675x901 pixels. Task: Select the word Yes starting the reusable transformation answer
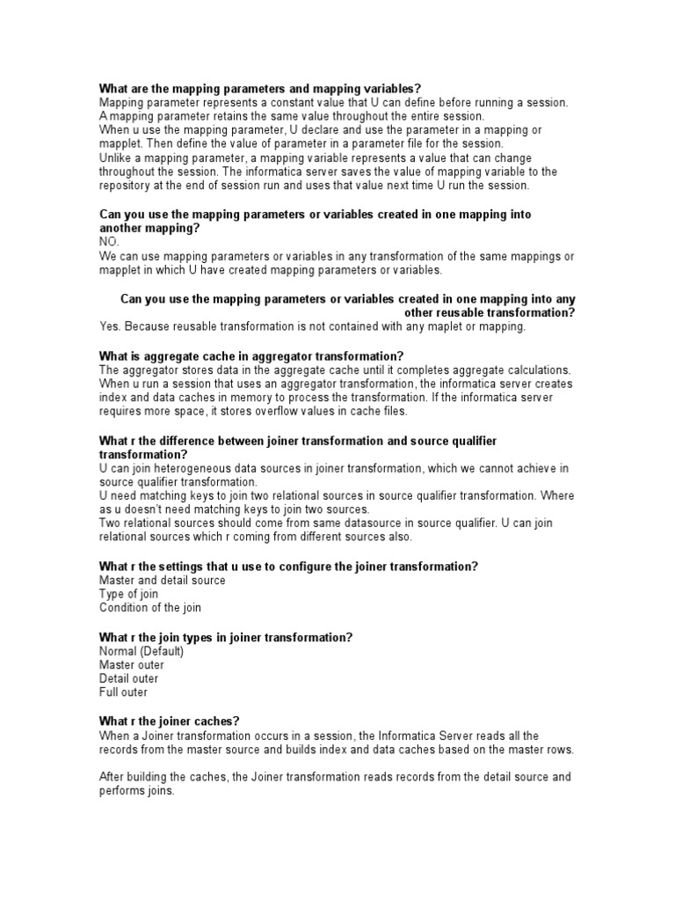tap(110, 326)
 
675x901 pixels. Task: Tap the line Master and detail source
tap(163, 580)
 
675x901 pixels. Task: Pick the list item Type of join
tap(129, 594)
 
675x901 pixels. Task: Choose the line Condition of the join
tap(150, 608)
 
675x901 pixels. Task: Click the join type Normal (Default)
tap(142, 651)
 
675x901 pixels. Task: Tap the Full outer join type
tap(124, 692)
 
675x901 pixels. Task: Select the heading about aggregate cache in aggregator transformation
tap(251, 355)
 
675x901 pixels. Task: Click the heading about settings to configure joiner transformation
tap(288, 566)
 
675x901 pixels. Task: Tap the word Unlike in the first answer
tap(115, 157)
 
